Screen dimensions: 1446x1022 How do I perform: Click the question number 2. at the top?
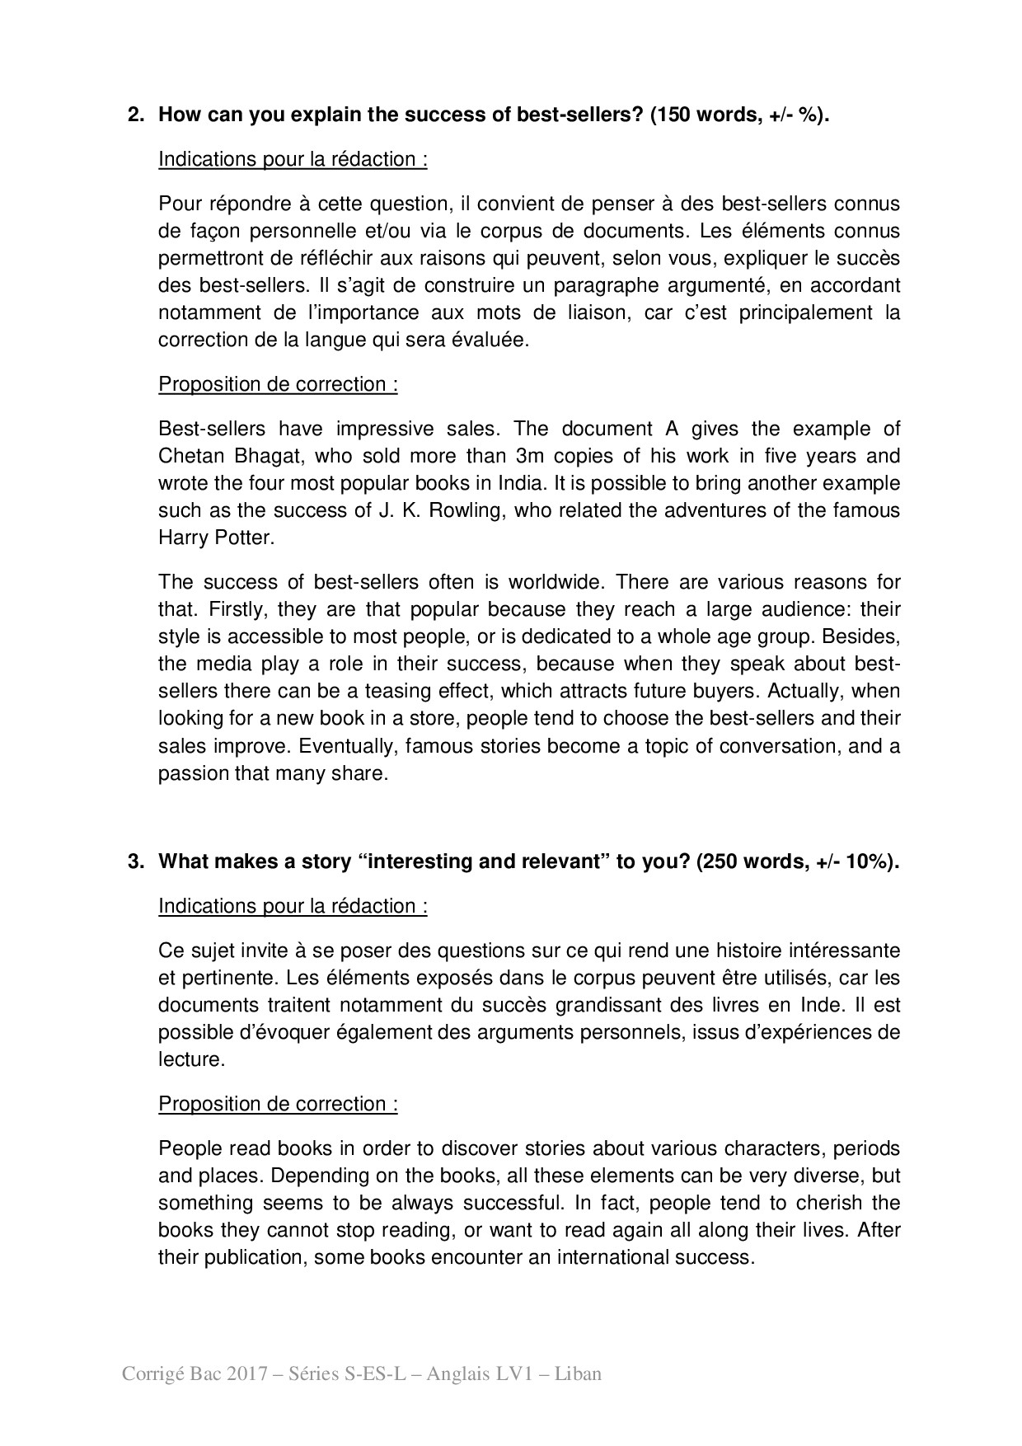[136, 115]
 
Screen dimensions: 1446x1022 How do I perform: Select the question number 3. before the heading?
[136, 861]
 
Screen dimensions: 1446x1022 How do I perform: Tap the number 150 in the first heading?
[677, 115]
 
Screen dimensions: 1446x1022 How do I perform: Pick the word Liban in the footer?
[577, 1374]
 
